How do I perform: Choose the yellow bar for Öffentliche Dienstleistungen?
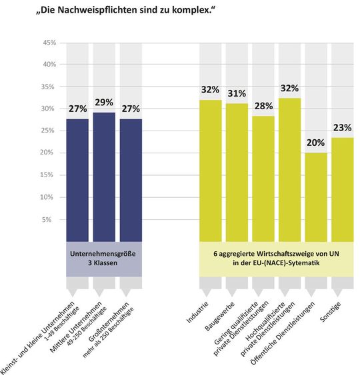pos(316,196)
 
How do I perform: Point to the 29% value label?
pos(104,103)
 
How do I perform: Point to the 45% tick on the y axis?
pos(48,43)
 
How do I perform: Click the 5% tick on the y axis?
pos(50,219)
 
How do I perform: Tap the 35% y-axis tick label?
pos(48,87)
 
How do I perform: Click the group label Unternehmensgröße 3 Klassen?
pos(103,258)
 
